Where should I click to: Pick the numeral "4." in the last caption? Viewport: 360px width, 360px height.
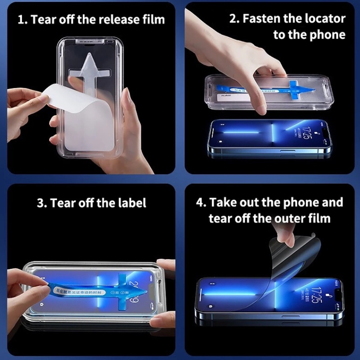[x=201, y=202]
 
